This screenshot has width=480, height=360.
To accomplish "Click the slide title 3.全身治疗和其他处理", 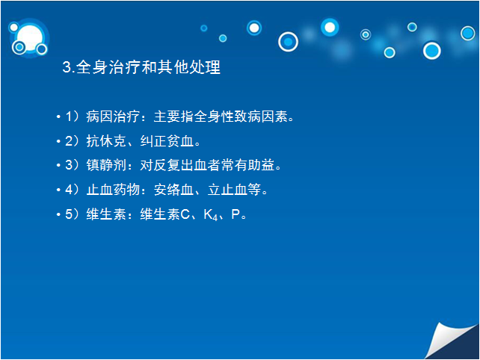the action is pos(141,67).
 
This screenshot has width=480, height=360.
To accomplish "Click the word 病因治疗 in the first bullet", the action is pos(113,117).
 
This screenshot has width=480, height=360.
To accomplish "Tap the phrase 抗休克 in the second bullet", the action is pos(106,141).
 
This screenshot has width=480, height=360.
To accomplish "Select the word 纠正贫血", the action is pos(167,141).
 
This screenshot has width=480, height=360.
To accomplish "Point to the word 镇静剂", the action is pos(106,165).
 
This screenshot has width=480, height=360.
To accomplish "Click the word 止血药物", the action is pos(113,190).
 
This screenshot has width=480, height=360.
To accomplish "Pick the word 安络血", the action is pos(173,190).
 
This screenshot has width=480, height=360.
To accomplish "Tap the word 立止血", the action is pos(227,190).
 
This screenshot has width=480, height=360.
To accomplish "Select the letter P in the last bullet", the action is pos(236,214).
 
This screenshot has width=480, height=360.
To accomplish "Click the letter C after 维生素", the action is pos(185,214).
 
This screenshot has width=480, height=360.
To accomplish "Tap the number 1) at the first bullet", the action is pos(73,117).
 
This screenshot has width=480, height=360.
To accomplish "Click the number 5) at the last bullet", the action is pos(73,214).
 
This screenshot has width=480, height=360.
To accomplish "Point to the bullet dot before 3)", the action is pos(58,166).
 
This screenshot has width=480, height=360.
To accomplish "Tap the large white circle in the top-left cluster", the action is pos(30,37).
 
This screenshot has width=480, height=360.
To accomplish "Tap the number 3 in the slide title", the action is pos(67,67).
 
